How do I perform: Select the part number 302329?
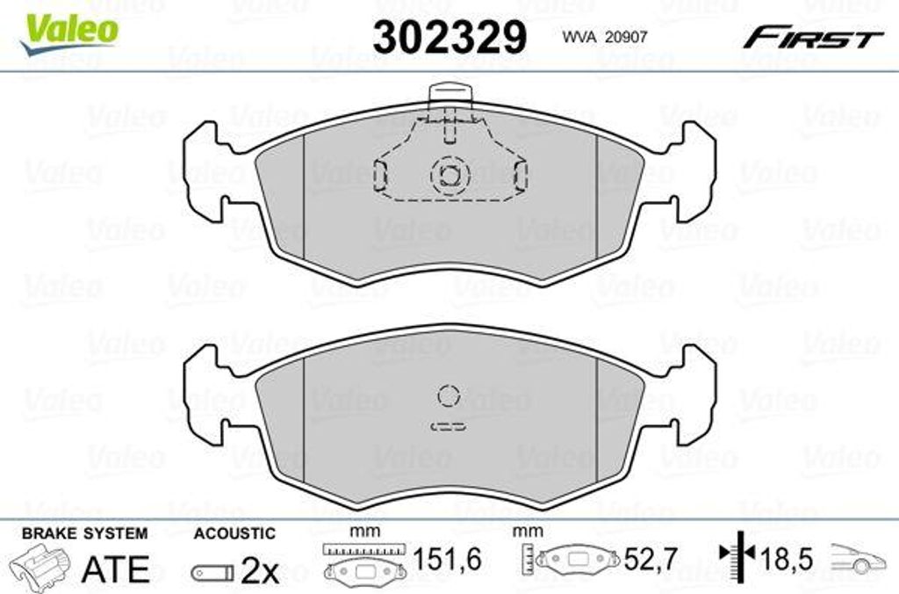pos(449,37)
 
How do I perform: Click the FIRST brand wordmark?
pos(813,38)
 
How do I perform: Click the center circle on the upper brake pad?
pos(449,175)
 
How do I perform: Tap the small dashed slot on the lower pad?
pos(449,427)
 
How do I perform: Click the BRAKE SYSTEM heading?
pos(84,533)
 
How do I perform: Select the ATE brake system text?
pos(115,569)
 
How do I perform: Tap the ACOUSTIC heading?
pos(234,533)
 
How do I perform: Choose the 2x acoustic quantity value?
pos(259,571)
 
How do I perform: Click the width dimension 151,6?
pos(447,560)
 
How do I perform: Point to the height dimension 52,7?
pos(650,560)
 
